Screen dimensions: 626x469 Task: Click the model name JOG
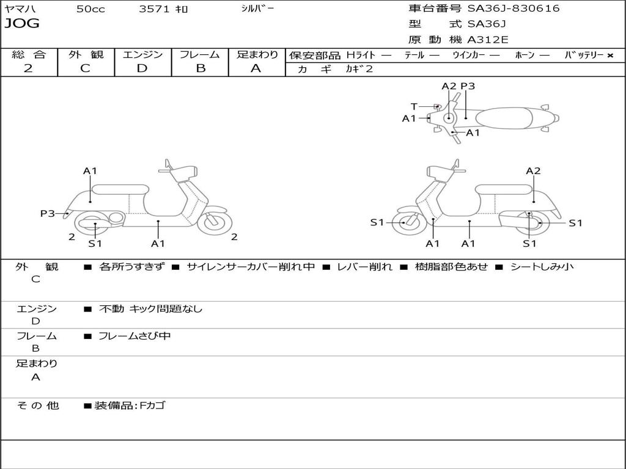click(22, 24)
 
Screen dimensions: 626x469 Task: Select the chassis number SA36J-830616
click(514, 9)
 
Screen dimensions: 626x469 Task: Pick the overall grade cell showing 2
click(28, 68)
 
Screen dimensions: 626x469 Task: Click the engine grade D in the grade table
click(142, 68)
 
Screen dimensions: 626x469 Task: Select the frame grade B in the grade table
click(200, 68)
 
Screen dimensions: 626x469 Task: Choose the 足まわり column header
click(257, 55)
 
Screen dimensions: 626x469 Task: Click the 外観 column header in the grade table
click(86, 55)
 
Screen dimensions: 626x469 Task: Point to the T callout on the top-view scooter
click(414, 107)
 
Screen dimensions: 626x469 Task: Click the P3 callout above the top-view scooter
click(468, 86)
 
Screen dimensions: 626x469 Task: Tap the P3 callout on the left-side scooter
click(48, 213)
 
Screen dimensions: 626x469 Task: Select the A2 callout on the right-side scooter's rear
click(533, 171)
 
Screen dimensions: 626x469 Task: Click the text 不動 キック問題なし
click(150, 309)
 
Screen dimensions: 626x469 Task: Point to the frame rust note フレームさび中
click(134, 336)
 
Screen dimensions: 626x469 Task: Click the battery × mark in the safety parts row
click(609, 55)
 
